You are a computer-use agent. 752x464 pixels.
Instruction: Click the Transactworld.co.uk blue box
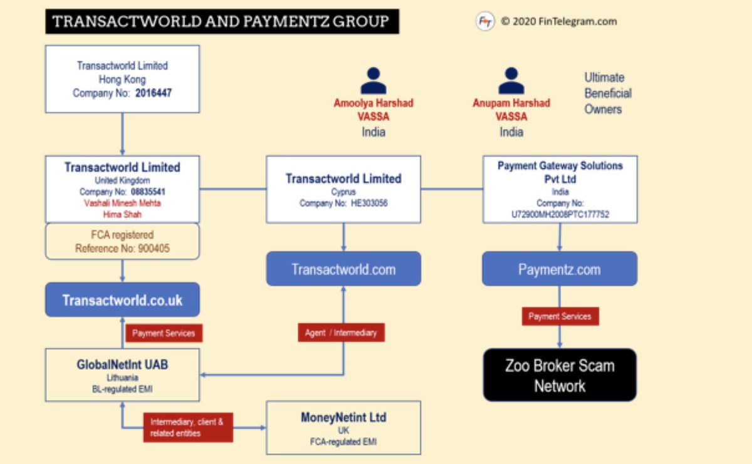pyautogui.click(x=122, y=300)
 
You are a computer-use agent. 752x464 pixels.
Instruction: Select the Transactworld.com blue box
pyautogui.click(x=343, y=269)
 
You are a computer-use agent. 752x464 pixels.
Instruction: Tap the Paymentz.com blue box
pyautogui.click(x=559, y=269)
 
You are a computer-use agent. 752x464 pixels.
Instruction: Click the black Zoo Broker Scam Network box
pyautogui.click(x=559, y=375)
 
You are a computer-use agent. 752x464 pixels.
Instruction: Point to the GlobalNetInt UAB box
pyautogui.click(x=122, y=375)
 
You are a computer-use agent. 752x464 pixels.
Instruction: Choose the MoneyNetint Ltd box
pyautogui.click(x=343, y=428)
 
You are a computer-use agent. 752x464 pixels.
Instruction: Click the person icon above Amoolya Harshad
pyautogui.click(x=373, y=81)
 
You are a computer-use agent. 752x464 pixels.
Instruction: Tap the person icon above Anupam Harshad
pyautogui.click(x=511, y=81)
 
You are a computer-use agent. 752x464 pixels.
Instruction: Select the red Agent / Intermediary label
pyautogui.click(x=341, y=333)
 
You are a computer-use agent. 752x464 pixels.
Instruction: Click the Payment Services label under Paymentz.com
pyautogui.click(x=560, y=316)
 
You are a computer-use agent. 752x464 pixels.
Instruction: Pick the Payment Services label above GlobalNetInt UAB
pyautogui.click(x=164, y=333)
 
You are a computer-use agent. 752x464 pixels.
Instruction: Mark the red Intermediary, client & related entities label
pyautogui.click(x=187, y=428)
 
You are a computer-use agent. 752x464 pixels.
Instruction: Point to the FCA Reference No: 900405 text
pyautogui.click(x=122, y=248)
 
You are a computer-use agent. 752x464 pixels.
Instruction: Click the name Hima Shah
pyautogui.click(x=122, y=214)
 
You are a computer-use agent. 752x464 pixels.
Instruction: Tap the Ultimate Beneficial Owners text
pyautogui.click(x=607, y=93)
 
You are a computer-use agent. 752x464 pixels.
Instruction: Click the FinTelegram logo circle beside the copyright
pyautogui.click(x=485, y=21)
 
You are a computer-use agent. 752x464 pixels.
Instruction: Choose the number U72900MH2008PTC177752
pyautogui.click(x=560, y=214)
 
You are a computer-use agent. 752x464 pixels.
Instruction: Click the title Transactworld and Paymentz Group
pyautogui.click(x=221, y=22)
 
